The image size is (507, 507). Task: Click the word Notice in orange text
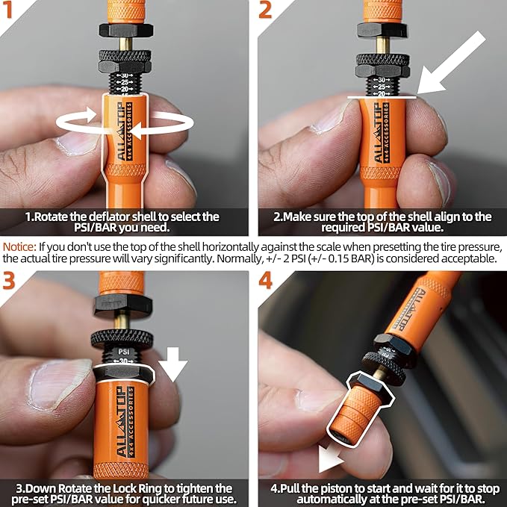click(20, 246)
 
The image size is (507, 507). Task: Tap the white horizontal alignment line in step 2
click(381, 96)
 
